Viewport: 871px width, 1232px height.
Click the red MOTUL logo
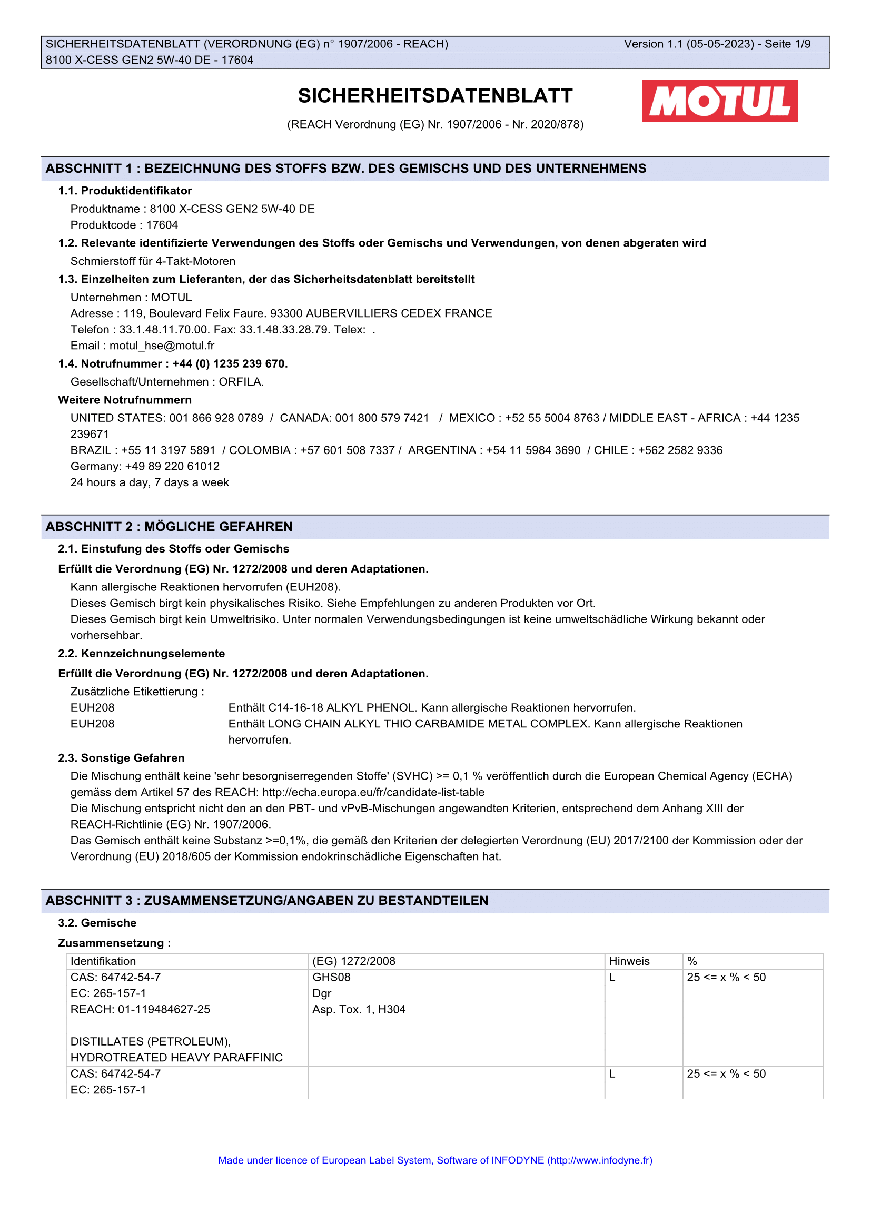[719, 101]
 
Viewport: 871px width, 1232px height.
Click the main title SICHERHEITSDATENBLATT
[435, 96]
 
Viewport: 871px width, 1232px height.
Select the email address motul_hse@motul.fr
[162, 346]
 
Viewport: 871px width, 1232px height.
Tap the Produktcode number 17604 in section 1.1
[162, 225]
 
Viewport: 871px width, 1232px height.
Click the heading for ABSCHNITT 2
[169, 526]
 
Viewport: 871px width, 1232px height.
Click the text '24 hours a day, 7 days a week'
[150, 482]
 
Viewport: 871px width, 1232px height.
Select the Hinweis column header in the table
[629, 961]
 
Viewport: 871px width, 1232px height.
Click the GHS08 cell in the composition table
[331, 977]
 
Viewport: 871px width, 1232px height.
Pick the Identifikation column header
[103, 961]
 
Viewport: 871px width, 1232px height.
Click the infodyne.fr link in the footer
[600, 1160]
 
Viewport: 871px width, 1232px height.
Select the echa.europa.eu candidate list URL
[373, 792]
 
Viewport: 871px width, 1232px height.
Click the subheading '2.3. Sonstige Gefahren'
[121, 757]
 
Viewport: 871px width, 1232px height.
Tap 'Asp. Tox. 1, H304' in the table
[359, 1009]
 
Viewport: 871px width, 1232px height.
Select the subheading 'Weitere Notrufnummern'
[125, 400]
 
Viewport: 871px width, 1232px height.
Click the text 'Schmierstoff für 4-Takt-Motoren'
[153, 261]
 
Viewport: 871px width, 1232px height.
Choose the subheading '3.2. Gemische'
[97, 922]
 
